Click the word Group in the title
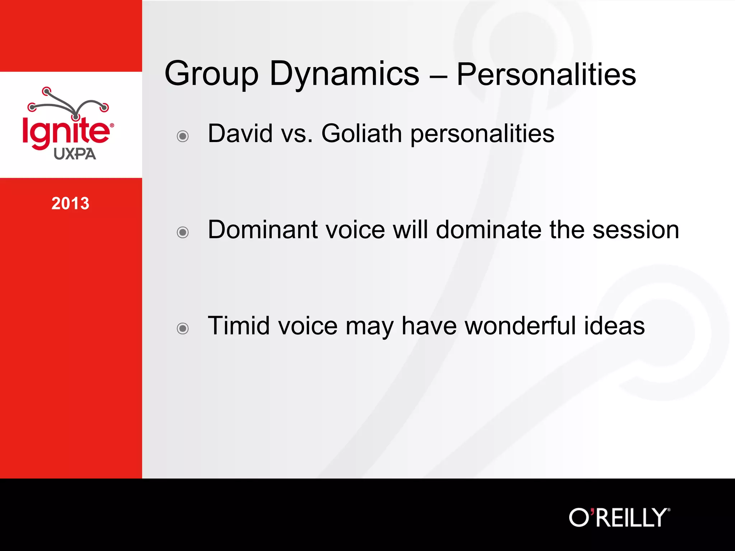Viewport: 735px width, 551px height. pos(211,75)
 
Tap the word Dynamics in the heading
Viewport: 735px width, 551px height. pos(344,75)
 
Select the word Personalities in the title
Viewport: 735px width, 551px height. pos(546,75)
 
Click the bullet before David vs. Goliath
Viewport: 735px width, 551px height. pos(183,136)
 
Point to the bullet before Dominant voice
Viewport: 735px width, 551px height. pos(183,232)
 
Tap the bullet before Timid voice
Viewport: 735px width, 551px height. pos(183,328)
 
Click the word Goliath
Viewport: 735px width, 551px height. pos(361,133)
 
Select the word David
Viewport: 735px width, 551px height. pos(240,133)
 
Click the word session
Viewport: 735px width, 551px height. pos(636,230)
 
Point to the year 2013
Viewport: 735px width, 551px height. pos(70,203)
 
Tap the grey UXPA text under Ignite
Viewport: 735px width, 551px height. pos(75,154)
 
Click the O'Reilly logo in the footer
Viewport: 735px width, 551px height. pos(619,517)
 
